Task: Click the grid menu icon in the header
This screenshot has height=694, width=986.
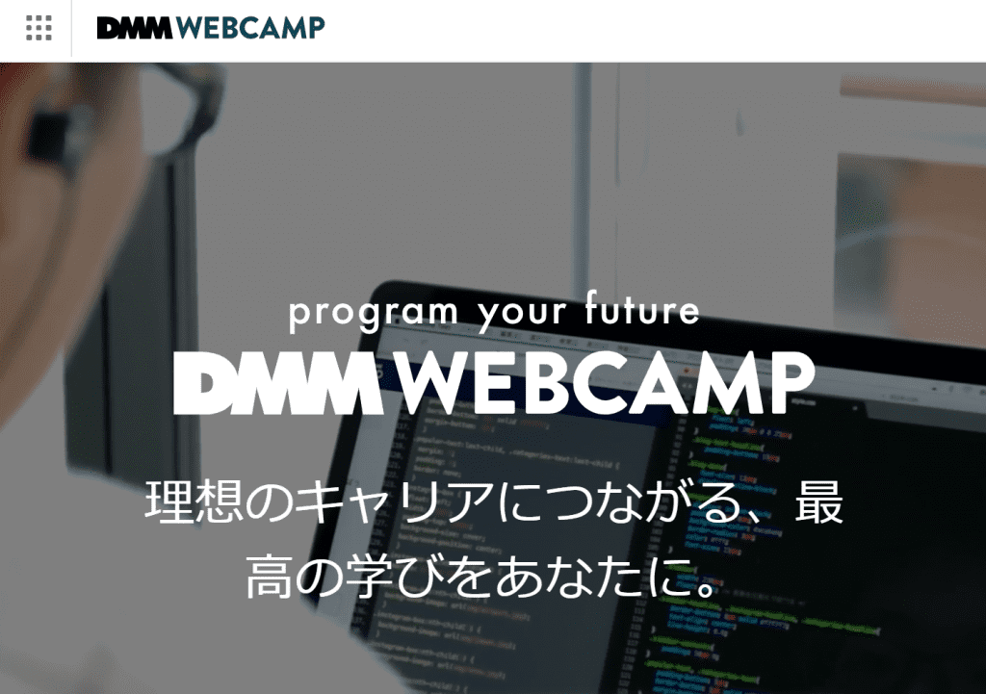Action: click(39, 28)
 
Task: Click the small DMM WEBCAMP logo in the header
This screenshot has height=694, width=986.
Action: click(210, 28)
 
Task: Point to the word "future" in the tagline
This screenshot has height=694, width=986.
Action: click(642, 311)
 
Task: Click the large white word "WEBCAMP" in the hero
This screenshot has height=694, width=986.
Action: click(606, 383)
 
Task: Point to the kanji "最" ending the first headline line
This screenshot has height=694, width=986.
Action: click(818, 503)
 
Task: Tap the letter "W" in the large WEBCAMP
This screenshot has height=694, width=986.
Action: click(430, 383)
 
